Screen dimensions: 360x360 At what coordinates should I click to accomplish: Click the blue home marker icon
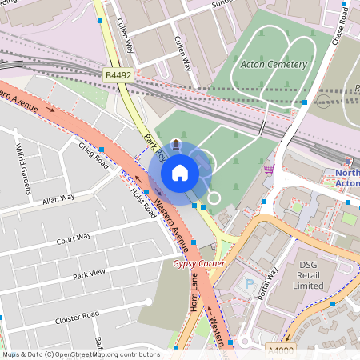[180, 172]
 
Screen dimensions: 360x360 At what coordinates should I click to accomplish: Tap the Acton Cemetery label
[274, 64]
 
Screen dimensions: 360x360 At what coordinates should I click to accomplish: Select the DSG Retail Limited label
[307, 274]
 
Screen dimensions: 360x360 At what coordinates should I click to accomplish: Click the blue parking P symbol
[249, 283]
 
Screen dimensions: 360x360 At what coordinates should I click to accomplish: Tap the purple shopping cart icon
[269, 168]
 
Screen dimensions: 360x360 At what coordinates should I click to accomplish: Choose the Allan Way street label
[58, 198]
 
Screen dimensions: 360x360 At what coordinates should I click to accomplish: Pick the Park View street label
[89, 274]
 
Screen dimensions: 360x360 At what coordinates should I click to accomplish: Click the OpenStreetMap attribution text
[80, 354]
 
